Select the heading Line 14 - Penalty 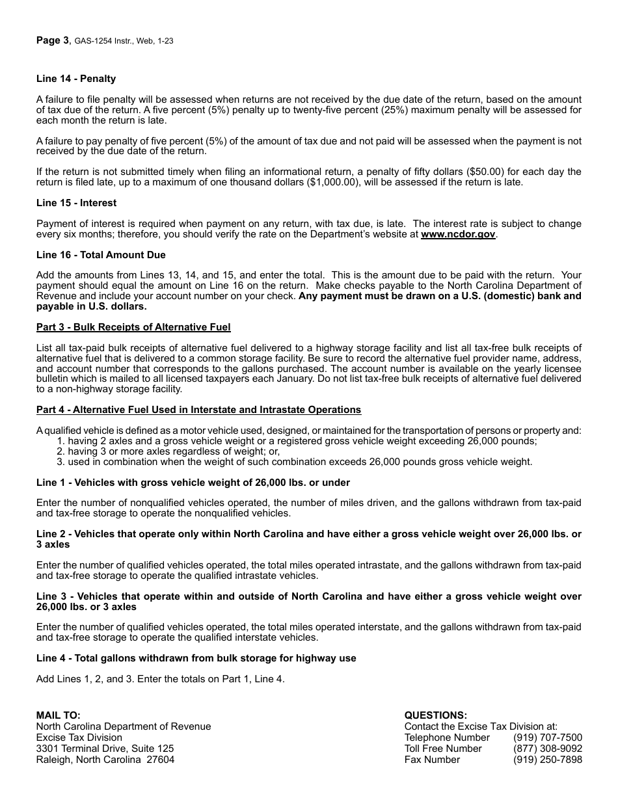coord(76,79)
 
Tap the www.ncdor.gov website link coord(458,234)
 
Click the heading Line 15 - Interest coord(77,203)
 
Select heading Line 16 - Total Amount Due coord(101,255)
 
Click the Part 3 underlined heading coord(133,327)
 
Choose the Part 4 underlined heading coord(198,410)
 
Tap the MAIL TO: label coord(59,715)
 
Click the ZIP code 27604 coord(161,760)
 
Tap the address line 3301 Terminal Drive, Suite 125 coord(105,749)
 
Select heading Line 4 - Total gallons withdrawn coord(196,658)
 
